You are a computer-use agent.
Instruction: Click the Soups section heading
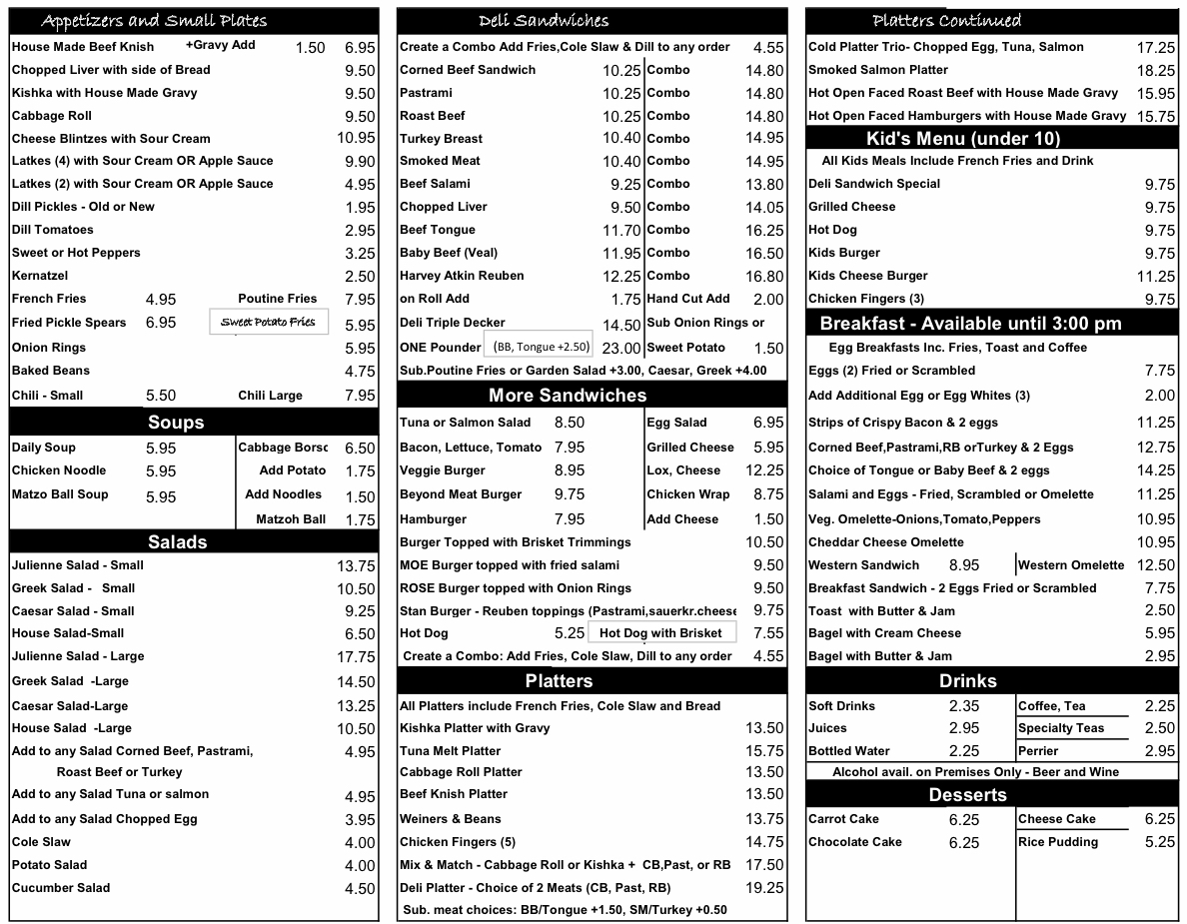click(176, 423)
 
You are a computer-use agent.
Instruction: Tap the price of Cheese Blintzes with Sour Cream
click(357, 139)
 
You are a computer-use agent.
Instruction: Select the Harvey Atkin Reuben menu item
click(462, 276)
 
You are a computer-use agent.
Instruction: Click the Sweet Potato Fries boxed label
click(268, 322)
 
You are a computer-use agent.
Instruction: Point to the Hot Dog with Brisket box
click(660, 632)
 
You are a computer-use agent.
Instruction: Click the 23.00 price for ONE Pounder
click(621, 349)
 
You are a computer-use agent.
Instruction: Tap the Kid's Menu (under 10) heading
click(962, 139)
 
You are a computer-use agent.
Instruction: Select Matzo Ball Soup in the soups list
click(60, 494)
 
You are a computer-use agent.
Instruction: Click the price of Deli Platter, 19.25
click(764, 888)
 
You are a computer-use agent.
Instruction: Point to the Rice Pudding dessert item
click(1058, 842)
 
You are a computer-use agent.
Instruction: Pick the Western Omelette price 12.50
click(1156, 565)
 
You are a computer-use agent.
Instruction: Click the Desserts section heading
click(967, 795)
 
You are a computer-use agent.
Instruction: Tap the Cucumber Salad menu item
click(61, 888)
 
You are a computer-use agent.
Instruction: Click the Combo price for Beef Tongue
click(764, 230)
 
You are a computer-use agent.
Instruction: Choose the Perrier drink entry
click(1038, 751)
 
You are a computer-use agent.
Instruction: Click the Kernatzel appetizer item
click(40, 276)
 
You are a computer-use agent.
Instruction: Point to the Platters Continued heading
click(946, 21)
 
